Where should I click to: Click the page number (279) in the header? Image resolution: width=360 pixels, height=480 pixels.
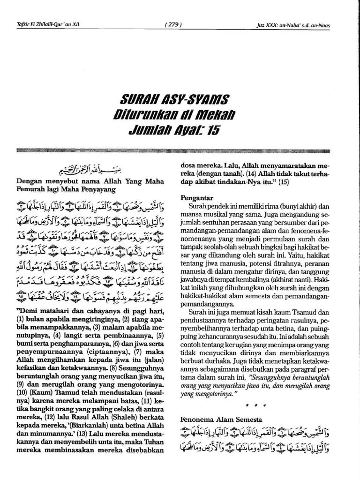coord(173,25)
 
